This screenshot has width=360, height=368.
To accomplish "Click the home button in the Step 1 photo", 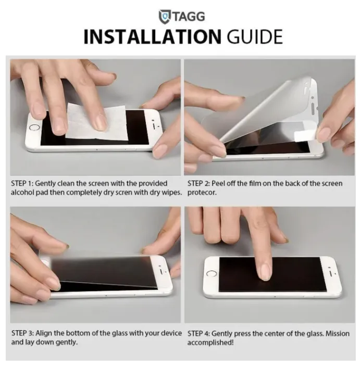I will (34, 126).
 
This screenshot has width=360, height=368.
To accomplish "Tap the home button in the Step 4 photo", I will (212, 274).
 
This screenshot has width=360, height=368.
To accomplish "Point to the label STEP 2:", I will (200, 183).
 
